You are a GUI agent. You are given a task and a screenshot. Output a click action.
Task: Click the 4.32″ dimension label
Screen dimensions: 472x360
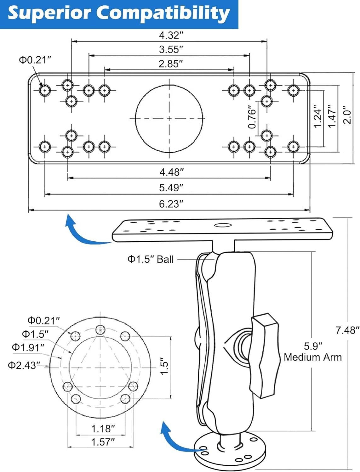tap(171, 35)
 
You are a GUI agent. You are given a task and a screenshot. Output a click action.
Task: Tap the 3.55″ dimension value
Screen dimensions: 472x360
tap(171, 49)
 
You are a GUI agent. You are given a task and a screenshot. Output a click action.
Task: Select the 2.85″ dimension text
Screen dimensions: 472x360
tap(171, 64)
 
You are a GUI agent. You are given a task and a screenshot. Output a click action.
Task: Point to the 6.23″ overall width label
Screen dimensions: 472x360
tap(171, 204)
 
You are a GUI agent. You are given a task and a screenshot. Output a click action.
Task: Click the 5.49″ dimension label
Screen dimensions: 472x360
tap(171, 188)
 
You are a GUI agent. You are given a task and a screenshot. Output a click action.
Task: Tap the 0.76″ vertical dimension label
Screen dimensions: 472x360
tap(252, 117)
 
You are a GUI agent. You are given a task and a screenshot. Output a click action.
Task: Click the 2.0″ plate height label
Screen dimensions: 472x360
tap(347, 115)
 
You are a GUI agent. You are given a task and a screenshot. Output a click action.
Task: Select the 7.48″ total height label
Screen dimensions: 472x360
tap(347, 330)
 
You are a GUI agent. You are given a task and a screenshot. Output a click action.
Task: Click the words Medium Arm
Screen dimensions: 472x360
tap(313, 357)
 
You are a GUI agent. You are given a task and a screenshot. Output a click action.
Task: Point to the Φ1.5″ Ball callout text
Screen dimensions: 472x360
tap(151, 259)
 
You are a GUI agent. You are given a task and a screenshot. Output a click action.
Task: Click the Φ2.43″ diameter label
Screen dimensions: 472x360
tap(24, 365)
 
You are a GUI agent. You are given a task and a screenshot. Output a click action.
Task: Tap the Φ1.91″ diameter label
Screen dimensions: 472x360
tap(28, 347)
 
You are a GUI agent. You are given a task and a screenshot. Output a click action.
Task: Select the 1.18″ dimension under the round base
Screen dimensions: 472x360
tap(103, 429)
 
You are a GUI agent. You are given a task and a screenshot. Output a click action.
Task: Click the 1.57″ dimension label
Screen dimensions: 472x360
tap(103, 442)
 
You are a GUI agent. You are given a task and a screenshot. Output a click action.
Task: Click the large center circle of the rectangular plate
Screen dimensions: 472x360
tap(169, 118)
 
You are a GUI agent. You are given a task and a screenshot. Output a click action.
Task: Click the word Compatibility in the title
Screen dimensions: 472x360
tap(163, 13)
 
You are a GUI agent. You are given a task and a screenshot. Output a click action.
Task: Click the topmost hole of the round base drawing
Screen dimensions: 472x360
tap(100, 329)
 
